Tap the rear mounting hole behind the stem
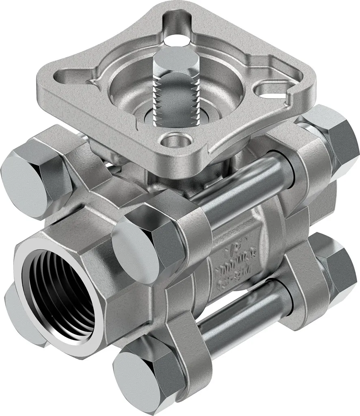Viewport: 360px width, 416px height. (x=176, y=39)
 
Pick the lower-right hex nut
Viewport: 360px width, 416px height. (x=333, y=268)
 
